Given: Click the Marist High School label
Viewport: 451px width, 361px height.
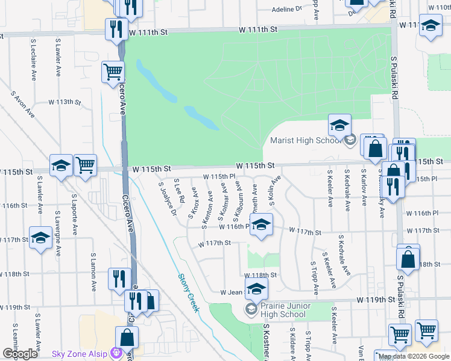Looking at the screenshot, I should [x=305, y=141].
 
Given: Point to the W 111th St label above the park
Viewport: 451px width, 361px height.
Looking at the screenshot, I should [x=257, y=29].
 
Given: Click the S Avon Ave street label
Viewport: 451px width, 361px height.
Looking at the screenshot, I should [x=23, y=105].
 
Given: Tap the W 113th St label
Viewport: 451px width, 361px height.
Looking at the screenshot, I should [x=65, y=102].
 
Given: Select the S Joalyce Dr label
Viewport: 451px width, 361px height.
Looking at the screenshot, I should [x=167, y=199].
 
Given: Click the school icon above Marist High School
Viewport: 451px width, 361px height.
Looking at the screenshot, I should [x=339, y=125].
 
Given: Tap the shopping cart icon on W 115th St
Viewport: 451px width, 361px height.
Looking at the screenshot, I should [x=86, y=165].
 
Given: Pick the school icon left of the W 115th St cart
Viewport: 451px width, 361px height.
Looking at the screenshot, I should [x=61, y=165].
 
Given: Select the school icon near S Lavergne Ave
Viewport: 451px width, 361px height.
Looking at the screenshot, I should [x=40, y=238].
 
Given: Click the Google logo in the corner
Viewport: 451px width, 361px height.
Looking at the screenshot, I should [x=20, y=354].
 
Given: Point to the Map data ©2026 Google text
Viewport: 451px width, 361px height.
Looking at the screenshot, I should [x=414, y=356].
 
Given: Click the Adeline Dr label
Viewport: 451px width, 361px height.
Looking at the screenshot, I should [x=286, y=9].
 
